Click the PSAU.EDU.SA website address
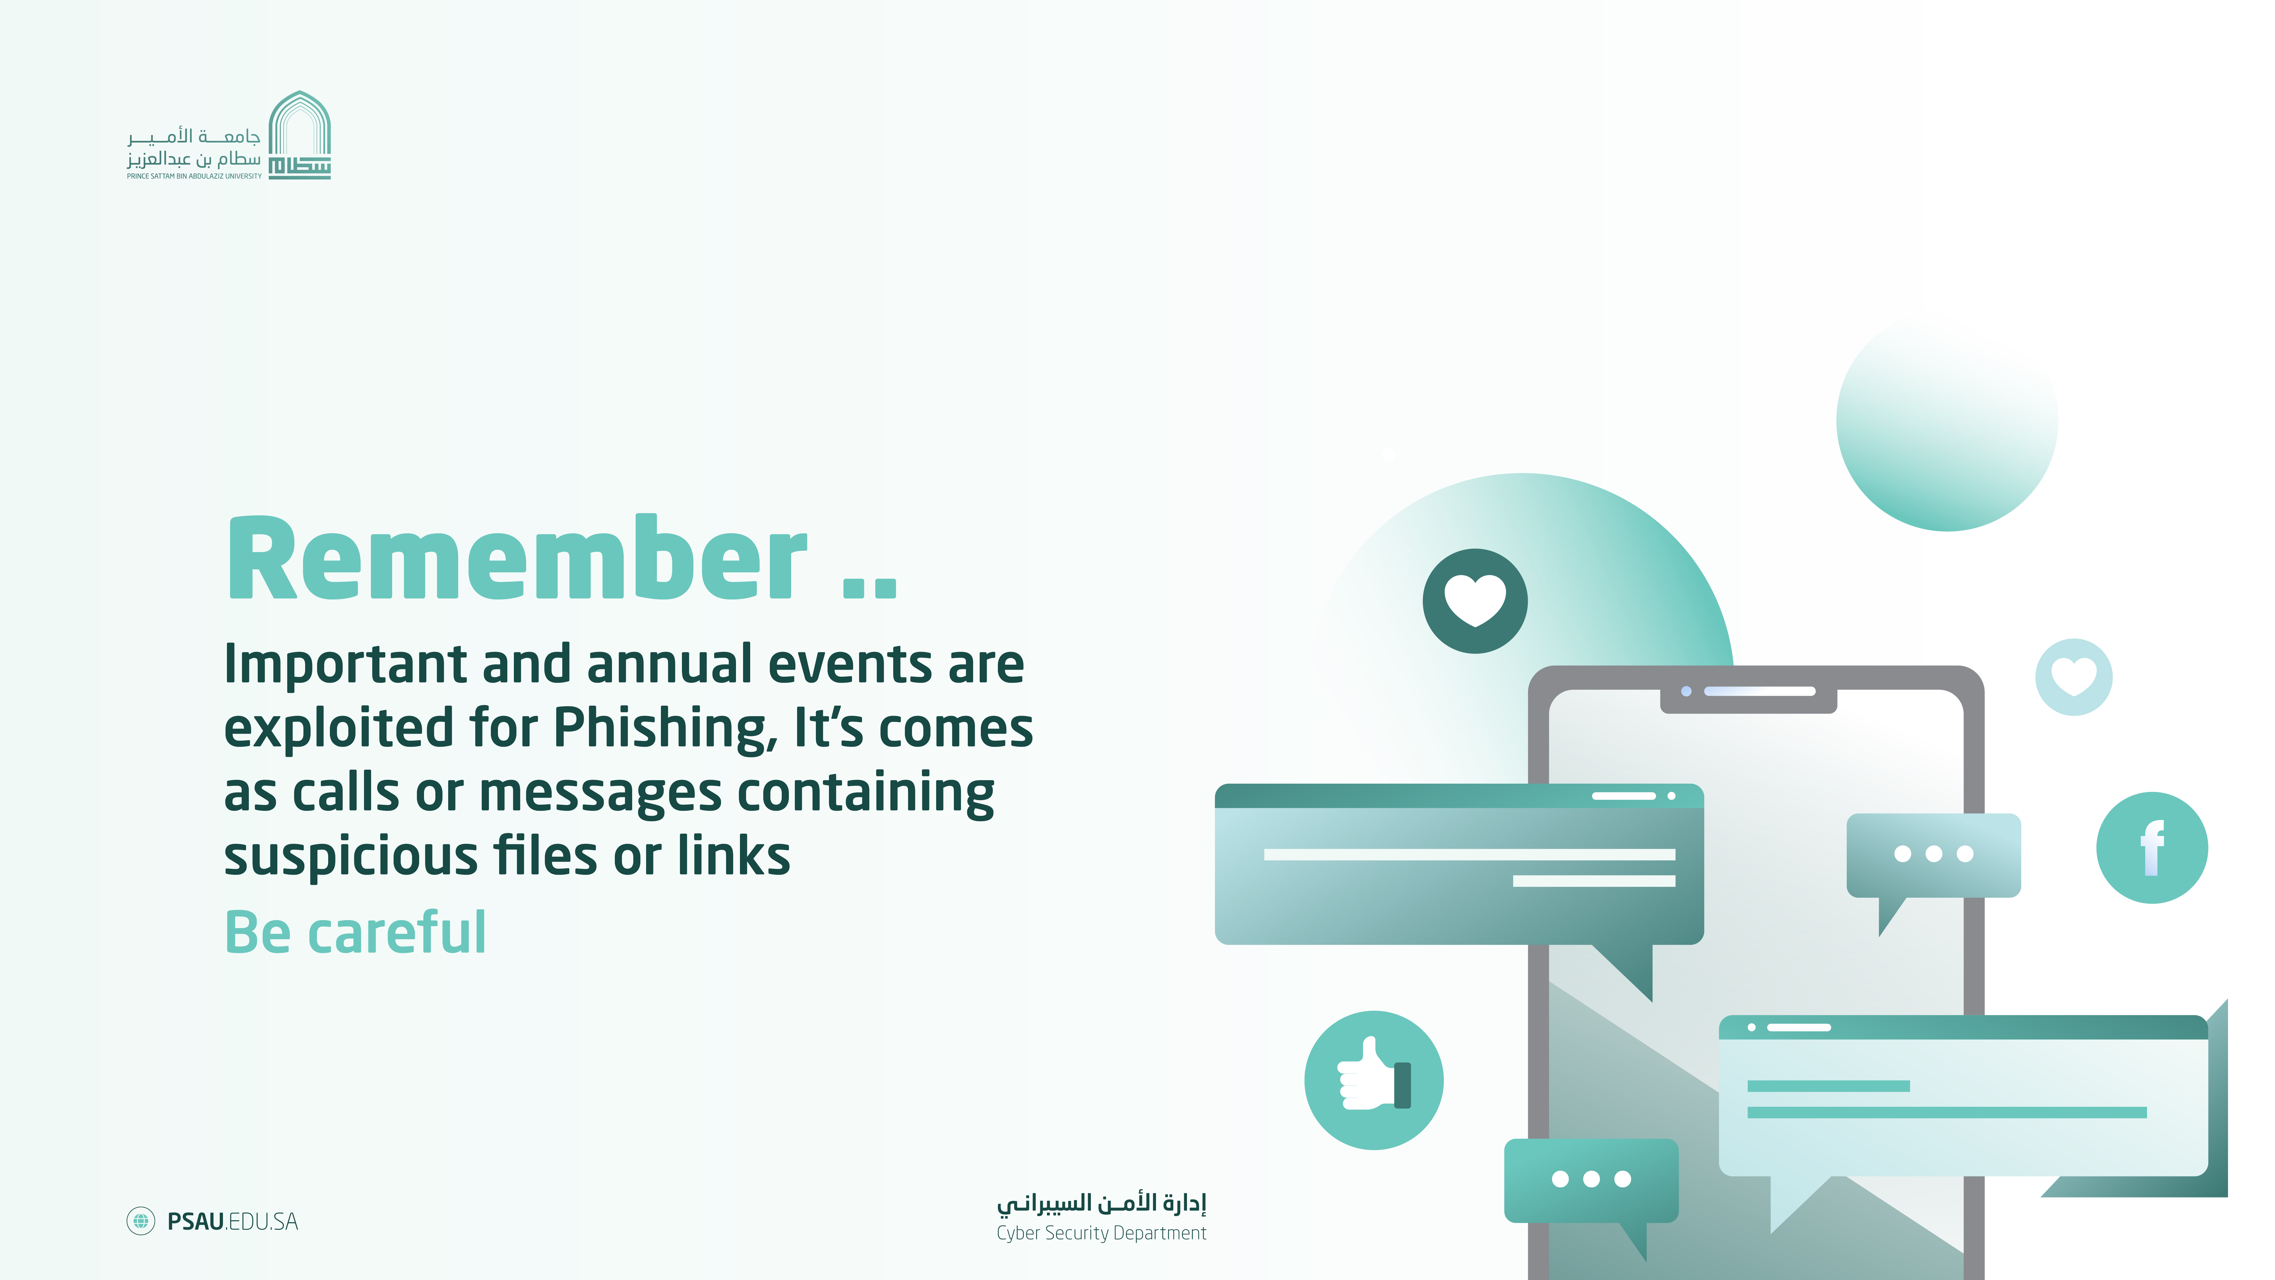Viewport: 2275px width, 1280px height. click(232, 1222)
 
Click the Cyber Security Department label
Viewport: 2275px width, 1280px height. click(1101, 1233)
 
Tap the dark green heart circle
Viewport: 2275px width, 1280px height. click(1475, 601)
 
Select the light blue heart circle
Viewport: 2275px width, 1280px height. click(2074, 677)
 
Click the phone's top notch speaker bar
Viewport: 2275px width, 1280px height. click(1759, 691)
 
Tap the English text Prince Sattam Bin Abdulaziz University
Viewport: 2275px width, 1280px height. click(194, 176)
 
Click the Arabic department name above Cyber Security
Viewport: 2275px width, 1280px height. click(1101, 1203)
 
